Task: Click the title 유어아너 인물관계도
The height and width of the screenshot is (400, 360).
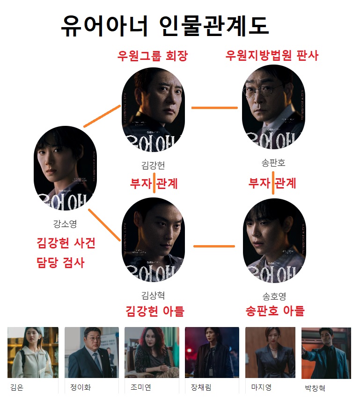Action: point(165,25)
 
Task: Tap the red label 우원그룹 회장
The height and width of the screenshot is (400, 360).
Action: point(152,57)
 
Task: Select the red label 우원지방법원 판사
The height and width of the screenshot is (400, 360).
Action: point(272,56)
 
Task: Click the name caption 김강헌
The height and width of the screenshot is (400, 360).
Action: point(153,165)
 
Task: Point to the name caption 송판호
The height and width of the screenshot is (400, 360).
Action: point(273,163)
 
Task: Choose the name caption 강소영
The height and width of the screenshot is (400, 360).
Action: point(65,224)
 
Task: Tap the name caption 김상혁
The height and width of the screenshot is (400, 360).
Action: point(153,295)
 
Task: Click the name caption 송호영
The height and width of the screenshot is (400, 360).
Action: point(274,296)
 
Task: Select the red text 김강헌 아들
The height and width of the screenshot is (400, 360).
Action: point(155,311)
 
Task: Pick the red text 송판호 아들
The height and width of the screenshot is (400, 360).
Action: point(275,311)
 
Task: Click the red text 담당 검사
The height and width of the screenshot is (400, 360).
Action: point(60,262)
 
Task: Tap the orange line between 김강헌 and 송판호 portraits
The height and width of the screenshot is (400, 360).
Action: point(214,108)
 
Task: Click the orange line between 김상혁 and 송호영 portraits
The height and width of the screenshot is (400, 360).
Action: point(214,246)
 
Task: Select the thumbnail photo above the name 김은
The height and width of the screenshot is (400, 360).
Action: point(33,352)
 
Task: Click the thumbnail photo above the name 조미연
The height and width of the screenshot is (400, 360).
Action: point(152,352)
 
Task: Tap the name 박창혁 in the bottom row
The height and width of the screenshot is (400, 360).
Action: point(315,388)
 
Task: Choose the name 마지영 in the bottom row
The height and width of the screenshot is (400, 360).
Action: point(261,387)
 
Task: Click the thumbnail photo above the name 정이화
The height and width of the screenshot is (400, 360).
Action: point(92,352)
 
